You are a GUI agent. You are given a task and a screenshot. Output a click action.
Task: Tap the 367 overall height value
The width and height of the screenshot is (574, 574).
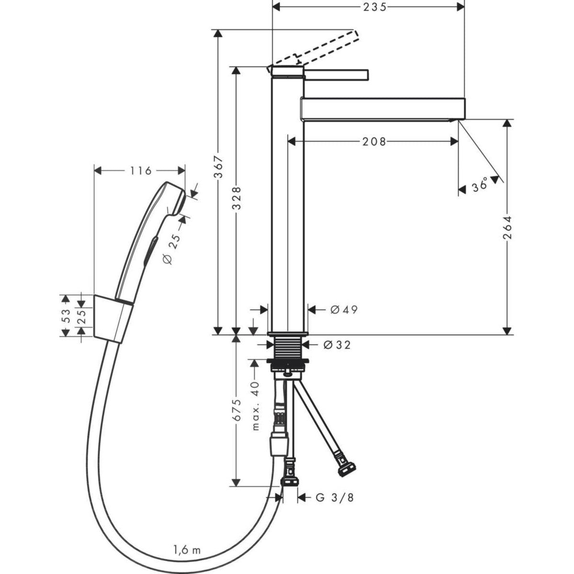click(218, 166)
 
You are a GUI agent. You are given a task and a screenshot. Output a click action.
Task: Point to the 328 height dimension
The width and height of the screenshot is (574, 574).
click(236, 198)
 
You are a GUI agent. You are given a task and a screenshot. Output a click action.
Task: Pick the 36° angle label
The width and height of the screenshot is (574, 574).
click(479, 185)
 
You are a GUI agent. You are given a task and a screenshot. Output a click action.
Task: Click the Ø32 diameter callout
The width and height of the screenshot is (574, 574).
click(337, 344)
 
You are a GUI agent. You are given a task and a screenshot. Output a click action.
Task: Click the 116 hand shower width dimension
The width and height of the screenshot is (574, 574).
click(140, 170)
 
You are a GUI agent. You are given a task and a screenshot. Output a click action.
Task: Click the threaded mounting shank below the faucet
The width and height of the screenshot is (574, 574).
click(287, 348)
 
